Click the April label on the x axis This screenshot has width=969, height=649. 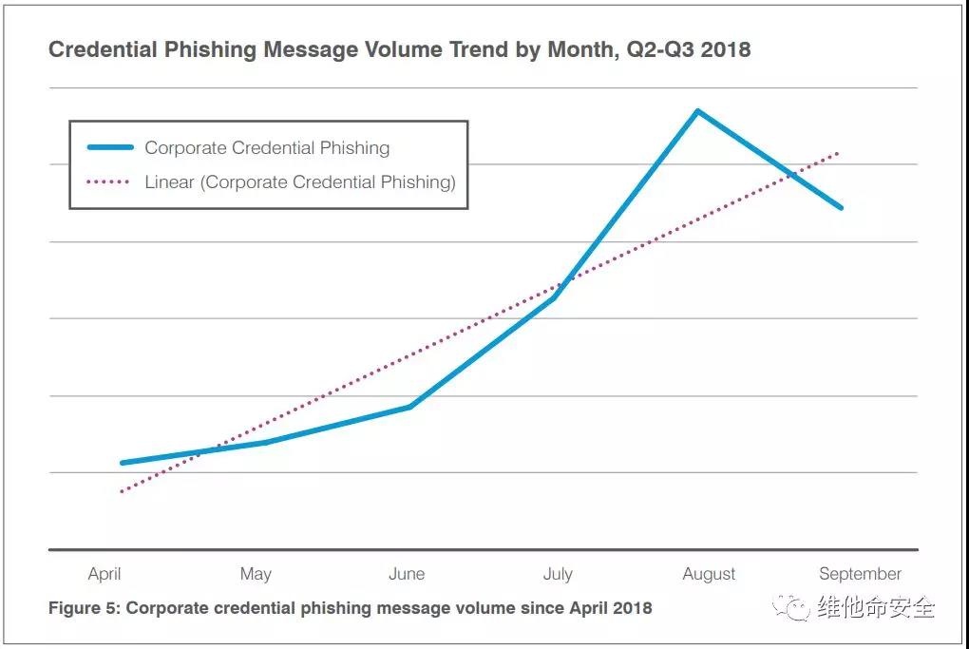pos(104,574)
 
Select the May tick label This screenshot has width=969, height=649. pos(256,574)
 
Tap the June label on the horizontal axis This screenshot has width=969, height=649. pos(407,574)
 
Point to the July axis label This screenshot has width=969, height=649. pos(558,574)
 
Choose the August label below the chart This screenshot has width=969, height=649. pos(709,574)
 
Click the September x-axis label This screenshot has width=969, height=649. pos(860,574)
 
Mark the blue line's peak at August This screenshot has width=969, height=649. pos(697,111)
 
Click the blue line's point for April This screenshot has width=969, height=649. pos(123,463)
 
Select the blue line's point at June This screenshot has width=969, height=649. pos(409,407)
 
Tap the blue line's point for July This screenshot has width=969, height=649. pos(554,297)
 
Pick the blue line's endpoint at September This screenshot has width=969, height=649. pos(841,207)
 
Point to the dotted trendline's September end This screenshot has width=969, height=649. pos(838,153)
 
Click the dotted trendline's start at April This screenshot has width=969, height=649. pos(122,491)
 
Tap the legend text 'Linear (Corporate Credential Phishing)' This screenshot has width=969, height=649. pos(300,181)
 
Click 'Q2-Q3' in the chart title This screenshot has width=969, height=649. pos(657,50)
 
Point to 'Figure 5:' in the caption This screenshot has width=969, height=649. pos(84,607)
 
